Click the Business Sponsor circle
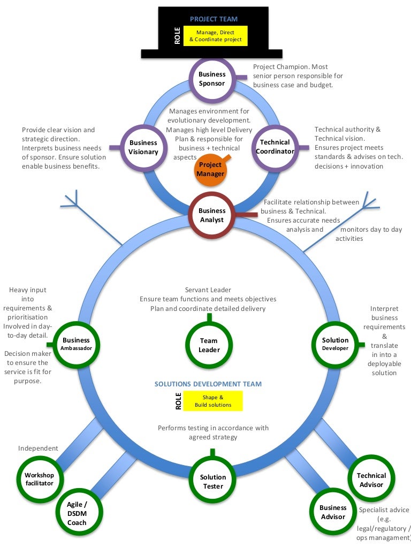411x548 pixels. click(x=212, y=79)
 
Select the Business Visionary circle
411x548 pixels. click(x=143, y=147)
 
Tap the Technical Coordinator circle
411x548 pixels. click(x=275, y=147)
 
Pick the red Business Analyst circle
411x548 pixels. click(x=212, y=216)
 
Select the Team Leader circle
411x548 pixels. click(x=209, y=345)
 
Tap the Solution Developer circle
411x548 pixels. click(x=335, y=344)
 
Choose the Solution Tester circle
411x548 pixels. click(x=213, y=482)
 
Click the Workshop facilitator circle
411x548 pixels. click(x=40, y=479)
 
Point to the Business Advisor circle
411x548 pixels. click(x=333, y=512)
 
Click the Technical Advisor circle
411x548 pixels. click(x=371, y=480)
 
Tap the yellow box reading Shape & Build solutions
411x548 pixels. click(x=213, y=401)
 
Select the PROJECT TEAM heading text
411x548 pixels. click(x=214, y=19)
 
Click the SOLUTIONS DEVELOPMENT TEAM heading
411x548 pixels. click(x=208, y=384)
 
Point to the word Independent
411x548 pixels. click(x=38, y=448)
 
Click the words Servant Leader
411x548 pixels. click(x=208, y=290)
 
